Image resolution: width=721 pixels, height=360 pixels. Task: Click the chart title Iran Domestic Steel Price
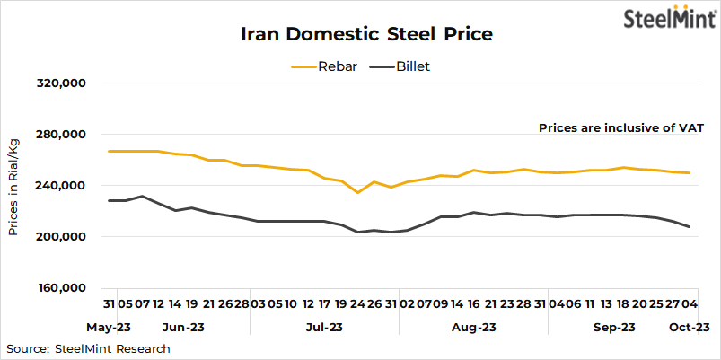tap(366, 35)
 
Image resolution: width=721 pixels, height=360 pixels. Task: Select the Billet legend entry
tap(403, 66)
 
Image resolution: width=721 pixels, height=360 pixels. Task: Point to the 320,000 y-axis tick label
tap(59, 83)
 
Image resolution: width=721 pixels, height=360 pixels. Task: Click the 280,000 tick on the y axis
tap(59, 135)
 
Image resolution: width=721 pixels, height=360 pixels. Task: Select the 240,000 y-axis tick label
tap(59, 186)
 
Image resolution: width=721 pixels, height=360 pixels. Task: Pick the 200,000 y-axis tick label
tap(59, 237)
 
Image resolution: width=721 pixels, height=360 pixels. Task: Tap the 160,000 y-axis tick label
tap(59, 288)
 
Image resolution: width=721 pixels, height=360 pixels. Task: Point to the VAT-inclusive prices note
tap(620, 128)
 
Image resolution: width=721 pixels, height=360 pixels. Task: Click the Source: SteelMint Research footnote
tap(88, 348)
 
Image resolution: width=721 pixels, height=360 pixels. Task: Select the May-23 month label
tap(109, 328)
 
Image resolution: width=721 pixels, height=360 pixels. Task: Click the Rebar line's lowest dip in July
tap(357, 192)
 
